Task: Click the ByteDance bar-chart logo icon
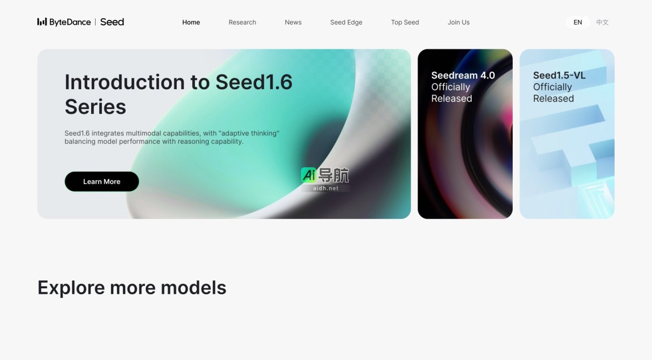click(42, 22)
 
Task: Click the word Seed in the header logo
click(112, 22)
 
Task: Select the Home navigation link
click(191, 22)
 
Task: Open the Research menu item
click(242, 22)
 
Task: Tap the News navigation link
click(293, 22)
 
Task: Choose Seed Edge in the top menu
click(346, 22)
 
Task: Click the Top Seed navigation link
click(405, 22)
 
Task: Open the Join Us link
click(459, 22)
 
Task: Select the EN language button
click(578, 22)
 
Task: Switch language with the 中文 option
click(602, 22)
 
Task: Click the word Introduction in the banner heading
click(126, 82)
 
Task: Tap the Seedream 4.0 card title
click(463, 76)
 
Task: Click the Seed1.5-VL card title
click(559, 76)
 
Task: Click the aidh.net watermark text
click(326, 189)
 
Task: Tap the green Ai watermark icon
click(309, 175)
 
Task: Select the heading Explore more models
click(132, 288)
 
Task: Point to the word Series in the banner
click(96, 107)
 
